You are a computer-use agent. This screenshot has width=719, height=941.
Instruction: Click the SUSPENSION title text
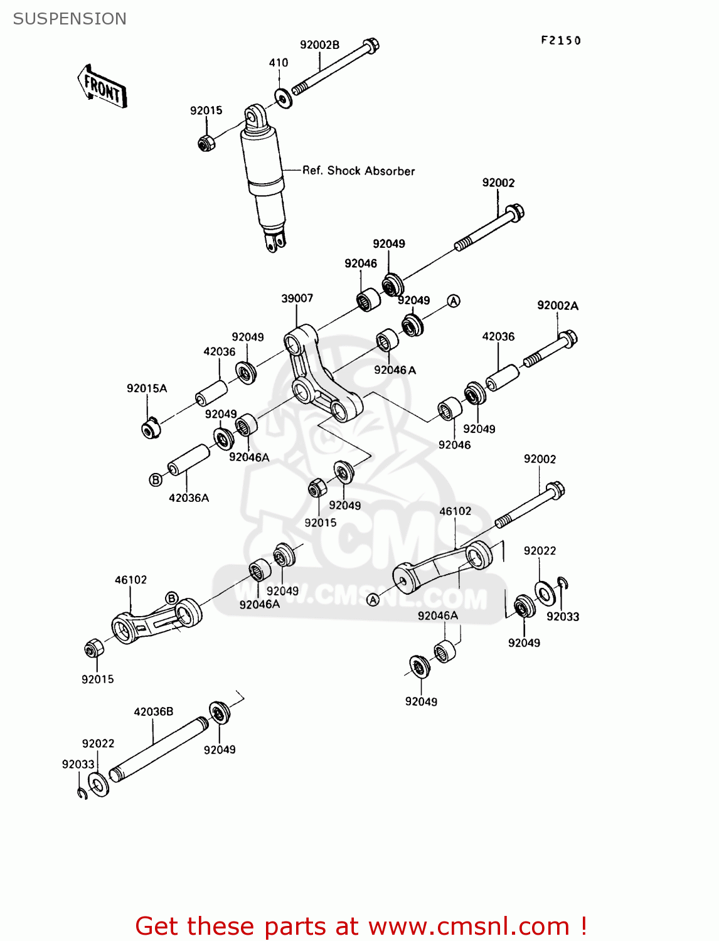(x=70, y=19)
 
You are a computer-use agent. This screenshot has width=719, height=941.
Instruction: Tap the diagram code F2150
(x=561, y=41)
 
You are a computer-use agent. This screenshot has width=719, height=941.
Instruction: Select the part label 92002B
(x=319, y=45)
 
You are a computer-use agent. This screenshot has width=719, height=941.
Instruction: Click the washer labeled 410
(x=284, y=98)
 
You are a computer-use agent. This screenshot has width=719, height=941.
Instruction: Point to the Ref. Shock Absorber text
(x=358, y=171)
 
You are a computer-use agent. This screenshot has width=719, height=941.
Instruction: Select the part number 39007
(x=297, y=298)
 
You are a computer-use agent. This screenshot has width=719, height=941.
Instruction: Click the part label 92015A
(x=147, y=388)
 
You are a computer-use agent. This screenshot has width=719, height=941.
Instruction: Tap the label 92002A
(x=557, y=306)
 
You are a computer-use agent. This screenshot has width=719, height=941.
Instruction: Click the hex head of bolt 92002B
(x=371, y=45)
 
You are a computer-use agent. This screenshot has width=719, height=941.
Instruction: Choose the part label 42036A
(x=189, y=497)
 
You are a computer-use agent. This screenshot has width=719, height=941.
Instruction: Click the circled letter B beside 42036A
(x=156, y=480)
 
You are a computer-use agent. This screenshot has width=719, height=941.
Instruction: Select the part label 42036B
(x=153, y=711)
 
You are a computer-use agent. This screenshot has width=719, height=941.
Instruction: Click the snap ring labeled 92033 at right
(x=563, y=584)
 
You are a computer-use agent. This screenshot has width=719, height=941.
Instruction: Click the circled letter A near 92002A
(x=454, y=301)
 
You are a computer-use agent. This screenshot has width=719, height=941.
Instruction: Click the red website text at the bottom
(x=361, y=926)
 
